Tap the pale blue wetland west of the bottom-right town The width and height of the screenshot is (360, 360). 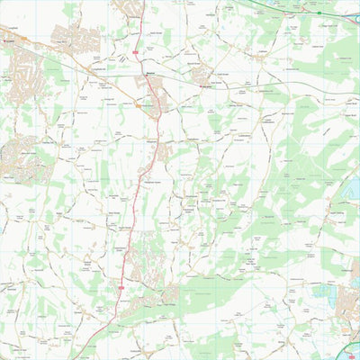pos(319,292)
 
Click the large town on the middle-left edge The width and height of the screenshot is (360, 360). pos(18,157)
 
